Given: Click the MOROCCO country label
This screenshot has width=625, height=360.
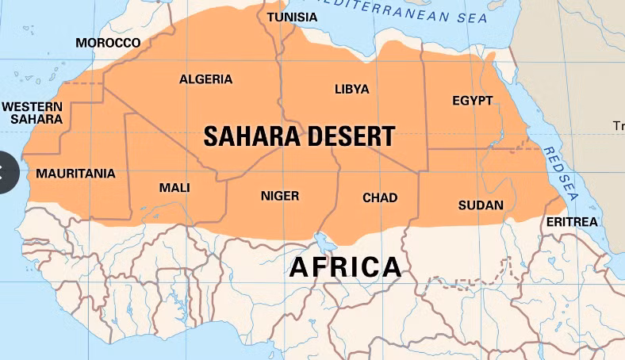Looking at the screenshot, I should pos(108,43).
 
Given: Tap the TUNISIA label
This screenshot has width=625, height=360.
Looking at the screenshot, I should pos(292,17).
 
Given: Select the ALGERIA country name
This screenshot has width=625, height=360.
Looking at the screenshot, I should pos(205,79).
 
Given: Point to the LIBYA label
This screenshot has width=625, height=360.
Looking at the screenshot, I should pos(351,89).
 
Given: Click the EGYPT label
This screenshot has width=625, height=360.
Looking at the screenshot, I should pos(472,101).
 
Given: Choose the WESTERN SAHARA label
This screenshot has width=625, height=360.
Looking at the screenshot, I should pos(32,113).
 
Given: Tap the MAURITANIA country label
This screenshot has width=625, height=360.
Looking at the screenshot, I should pos(75,173).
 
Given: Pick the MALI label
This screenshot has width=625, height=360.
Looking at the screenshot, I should pos(174,187).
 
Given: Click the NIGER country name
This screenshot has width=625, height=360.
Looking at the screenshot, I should pos(280,196).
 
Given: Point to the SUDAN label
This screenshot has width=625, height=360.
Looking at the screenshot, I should pos(481,205).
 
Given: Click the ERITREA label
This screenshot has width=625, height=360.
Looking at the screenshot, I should pos(571,222).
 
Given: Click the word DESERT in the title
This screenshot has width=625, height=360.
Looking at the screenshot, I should pos(349,136).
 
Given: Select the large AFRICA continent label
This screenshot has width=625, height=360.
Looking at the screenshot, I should pos(345,267).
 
